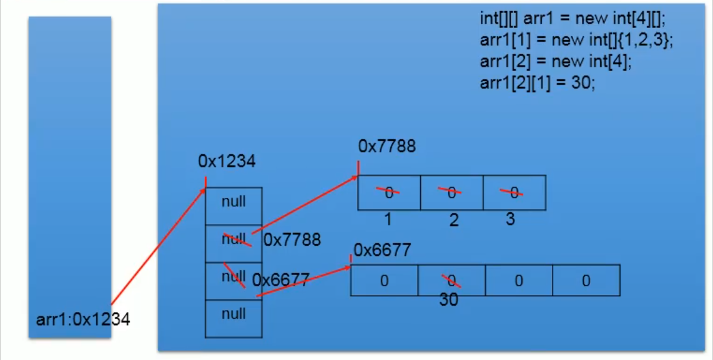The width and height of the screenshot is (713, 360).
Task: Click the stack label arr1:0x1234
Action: point(83,319)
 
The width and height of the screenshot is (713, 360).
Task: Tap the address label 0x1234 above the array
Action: point(227,162)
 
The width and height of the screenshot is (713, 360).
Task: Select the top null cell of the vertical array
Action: point(234,202)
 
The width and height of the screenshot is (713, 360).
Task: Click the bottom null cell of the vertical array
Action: point(234,314)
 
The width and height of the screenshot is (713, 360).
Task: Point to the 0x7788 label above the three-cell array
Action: point(387,147)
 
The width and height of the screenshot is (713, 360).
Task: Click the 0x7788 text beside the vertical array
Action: point(292,240)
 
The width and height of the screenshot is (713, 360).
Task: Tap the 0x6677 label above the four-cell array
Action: point(383,250)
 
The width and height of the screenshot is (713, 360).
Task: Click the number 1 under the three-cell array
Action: point(388,220)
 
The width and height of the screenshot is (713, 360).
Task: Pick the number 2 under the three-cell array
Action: point(454,220)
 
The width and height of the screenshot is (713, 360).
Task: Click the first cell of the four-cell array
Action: point(384,281)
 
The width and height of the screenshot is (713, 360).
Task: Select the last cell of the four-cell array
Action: point(586,281)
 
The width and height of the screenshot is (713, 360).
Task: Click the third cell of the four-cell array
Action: point(518,281)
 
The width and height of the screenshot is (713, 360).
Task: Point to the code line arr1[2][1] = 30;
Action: point(538,83)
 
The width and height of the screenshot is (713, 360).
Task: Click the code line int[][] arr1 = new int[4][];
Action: point(573,19)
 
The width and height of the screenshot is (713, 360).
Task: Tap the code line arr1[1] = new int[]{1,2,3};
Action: point(576,40)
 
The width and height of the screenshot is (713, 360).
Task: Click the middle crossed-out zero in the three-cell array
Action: point(451,193)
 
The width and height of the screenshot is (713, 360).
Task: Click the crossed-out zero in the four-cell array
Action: point(451,280)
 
